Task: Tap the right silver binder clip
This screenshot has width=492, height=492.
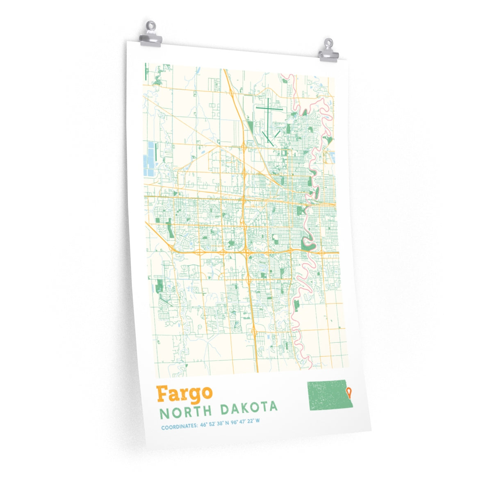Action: (328, 51)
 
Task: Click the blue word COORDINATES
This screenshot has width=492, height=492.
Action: (179, 427)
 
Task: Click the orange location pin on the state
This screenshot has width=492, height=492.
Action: (349, 393)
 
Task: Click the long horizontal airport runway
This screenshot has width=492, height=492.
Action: (269, 109)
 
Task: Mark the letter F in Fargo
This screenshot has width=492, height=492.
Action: (162, 394)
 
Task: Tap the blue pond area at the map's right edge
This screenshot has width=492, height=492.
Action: (331, 157)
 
